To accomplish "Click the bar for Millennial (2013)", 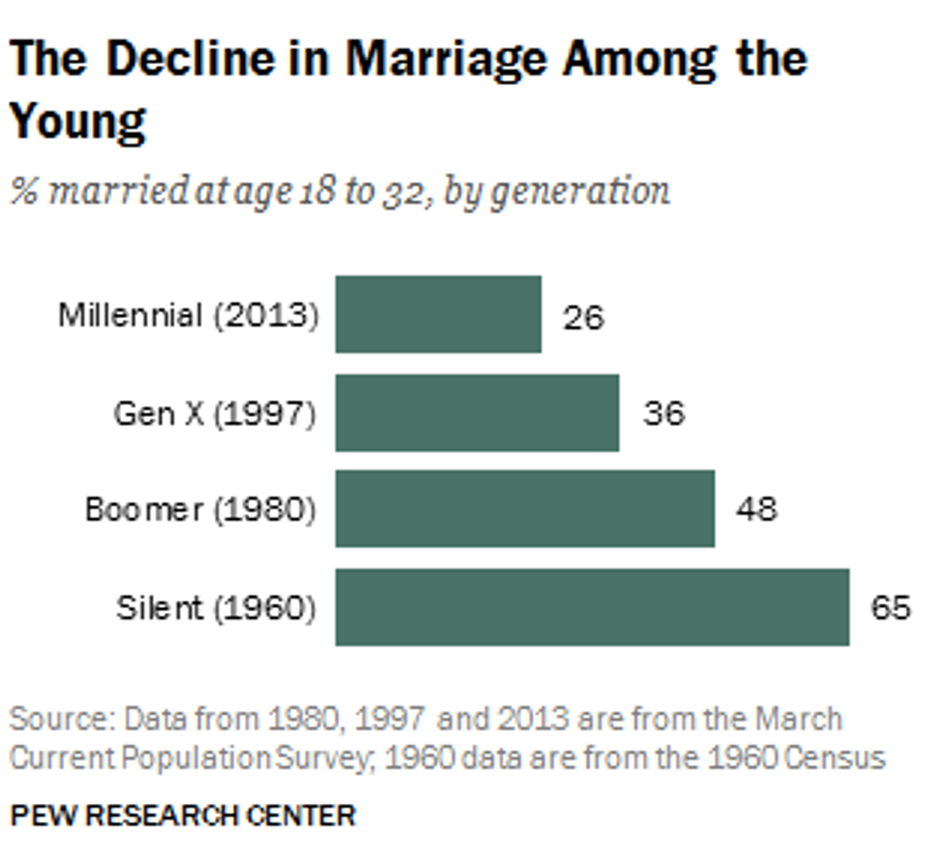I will point(438,314).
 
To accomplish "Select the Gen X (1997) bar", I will point(477,412).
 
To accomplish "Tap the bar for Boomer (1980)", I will point(525,509).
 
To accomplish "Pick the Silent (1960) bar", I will point(592,606).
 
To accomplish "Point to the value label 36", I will point(663,413).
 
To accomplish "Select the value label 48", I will point(756,509).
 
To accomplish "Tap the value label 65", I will point(890,606).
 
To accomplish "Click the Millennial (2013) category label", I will point(188,315).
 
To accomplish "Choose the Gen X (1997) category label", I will point(215,413).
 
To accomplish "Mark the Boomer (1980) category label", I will point(200,509).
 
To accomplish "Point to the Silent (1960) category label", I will point(216,606).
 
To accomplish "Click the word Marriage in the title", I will point(447,59).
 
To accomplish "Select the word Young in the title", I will point(78,121).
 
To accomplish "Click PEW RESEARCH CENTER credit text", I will point(182,815).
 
